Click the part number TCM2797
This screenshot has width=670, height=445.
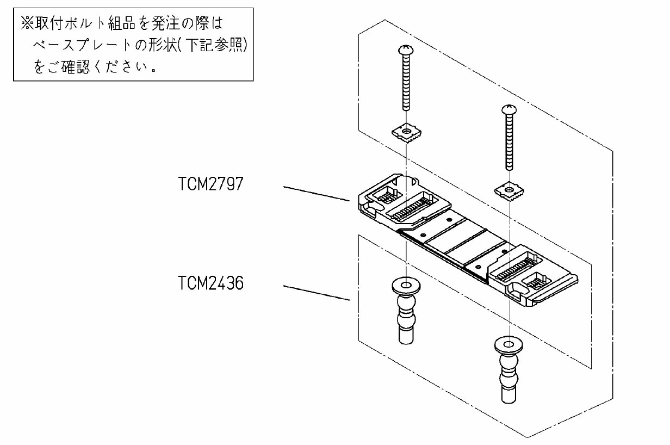point(210,184)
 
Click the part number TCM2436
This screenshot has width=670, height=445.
point(210,283)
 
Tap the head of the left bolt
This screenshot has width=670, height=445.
point(406,50)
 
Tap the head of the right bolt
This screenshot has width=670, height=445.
point(509,109)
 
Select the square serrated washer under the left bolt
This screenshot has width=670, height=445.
point(406,132)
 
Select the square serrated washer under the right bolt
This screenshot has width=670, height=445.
point(509,190)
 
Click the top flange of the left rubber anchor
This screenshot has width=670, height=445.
point(406,286)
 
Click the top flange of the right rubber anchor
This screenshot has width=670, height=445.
point(508,345)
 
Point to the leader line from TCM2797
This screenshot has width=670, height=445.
point(317,194)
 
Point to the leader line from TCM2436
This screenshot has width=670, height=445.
point(317,293)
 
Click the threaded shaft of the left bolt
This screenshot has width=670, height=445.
point(406,83)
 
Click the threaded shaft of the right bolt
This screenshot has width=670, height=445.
point(509,142)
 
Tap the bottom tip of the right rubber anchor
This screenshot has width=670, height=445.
point(509,403)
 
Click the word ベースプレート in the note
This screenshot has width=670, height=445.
point(82,45)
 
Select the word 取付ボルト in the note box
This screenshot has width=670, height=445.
point(70,23)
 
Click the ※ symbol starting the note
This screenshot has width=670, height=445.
point(27,23)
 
